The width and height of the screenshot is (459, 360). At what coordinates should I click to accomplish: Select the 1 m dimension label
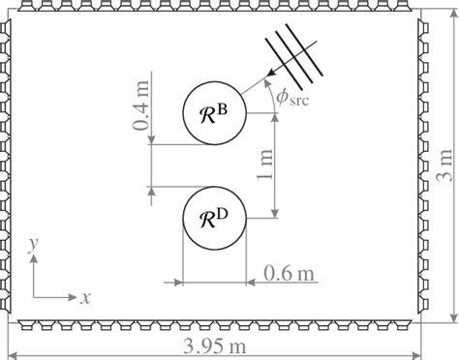264,165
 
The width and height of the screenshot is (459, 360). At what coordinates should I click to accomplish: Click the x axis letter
85,297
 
